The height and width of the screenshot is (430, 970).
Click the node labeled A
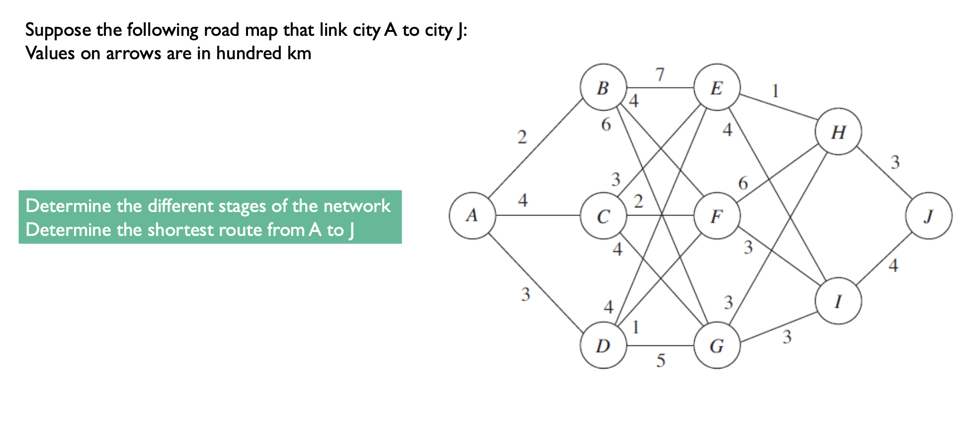(x=472, y=215)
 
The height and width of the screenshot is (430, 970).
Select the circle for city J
(x=929, y=215)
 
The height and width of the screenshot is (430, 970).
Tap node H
(x=838, y=132)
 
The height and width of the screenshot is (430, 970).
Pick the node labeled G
(x=717, y=345)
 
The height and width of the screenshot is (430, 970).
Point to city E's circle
(x=717, y=87)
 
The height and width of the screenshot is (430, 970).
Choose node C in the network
(x=603, y=216)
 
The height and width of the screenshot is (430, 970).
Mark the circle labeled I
(x=838, y=301)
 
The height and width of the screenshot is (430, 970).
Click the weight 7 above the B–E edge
(x=659, y=75)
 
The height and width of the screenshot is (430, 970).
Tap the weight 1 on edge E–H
(x=775, y=91)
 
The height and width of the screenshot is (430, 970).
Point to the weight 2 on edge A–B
(x=522, y=137)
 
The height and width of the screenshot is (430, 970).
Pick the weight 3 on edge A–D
(x=525, y=295)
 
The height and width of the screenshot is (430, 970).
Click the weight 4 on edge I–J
(x=893, y=266)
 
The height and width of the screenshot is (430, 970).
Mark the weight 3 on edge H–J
(x=895, y=162)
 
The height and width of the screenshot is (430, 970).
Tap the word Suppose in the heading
(x=58, y=30)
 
